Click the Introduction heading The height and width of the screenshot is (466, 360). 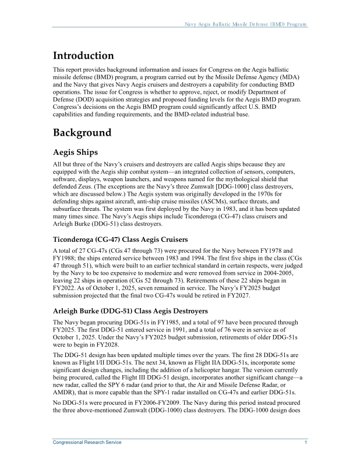pyautogui.click(x=83, y=57)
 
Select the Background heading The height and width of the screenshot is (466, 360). pyautogui.click(x=82, y=133)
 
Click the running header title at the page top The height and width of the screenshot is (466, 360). pyautogui.click(x=245, y=24)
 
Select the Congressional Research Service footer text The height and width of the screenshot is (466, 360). pyautogui.click(x=87, y=443)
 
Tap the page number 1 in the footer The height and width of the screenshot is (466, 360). pyautogui.click(x=306, y=443)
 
